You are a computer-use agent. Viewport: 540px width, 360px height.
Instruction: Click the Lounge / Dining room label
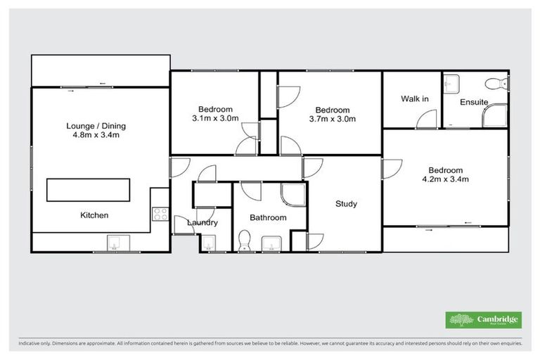coord(96,127)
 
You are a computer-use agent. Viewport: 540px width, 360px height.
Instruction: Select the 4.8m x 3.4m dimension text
coord(96,137)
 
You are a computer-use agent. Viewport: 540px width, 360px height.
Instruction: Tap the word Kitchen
coord(94,215)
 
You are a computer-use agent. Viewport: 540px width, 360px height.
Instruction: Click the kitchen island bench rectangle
coord(89,190)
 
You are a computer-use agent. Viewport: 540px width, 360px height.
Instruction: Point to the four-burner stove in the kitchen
coord(160,214)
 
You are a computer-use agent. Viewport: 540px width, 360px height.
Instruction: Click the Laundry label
coord(202,223)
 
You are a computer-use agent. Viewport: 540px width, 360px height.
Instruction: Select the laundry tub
coord(208,243)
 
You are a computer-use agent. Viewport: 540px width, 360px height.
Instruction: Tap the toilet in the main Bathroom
coord(244,240)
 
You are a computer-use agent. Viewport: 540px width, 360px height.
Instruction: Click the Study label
coord(345,204)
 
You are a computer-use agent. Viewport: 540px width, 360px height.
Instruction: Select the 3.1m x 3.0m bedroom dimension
coord(215,119)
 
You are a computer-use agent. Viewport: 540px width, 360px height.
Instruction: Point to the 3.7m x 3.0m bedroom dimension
coord(332,120)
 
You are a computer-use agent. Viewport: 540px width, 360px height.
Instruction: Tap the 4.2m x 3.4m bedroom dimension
coord(445,180)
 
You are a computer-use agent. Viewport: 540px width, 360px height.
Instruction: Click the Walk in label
coord(415,99)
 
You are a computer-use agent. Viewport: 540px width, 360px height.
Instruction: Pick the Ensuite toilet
coord(500,84)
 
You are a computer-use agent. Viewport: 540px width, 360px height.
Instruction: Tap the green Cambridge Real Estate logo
coord(484,320)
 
